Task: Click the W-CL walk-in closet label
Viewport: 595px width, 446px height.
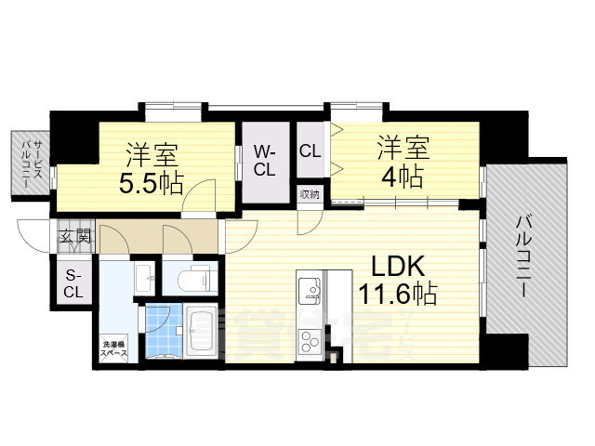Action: (x=264, y=160)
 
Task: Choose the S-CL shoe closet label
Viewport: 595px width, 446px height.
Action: (x=73, y=283)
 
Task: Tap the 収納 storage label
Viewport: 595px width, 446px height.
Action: (x=310, y=194)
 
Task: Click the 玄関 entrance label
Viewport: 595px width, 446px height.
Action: (x=76, y=236)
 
